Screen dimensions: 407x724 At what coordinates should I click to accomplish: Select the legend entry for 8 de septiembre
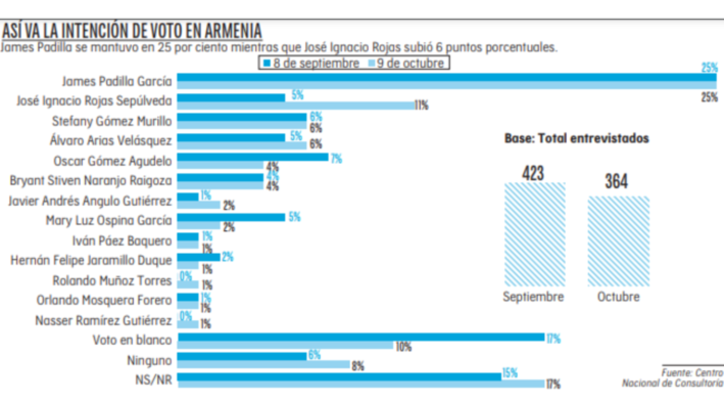point(310,63)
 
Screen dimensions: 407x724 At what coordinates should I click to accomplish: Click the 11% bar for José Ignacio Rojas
point(296,105)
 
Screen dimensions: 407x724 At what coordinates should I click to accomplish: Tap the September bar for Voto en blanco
point(361,337)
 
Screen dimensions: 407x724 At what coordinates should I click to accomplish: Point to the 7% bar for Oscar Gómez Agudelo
point(253,157)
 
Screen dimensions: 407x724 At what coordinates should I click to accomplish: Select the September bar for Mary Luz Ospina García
point(231,216)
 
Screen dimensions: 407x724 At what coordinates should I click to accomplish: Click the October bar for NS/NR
point(361,383)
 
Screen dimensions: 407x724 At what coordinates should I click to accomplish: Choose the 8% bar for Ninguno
point(264,364)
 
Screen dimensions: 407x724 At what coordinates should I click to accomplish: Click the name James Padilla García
point(117,81)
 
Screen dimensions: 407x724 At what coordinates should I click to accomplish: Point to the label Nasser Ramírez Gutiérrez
point(104,320)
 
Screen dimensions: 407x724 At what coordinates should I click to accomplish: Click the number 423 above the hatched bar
point(534,174)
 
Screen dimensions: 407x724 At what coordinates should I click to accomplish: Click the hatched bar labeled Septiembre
point(535,235)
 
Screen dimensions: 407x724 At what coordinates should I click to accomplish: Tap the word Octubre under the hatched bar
point(618,297)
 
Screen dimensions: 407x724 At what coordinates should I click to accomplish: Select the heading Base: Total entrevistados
point(576,139)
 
